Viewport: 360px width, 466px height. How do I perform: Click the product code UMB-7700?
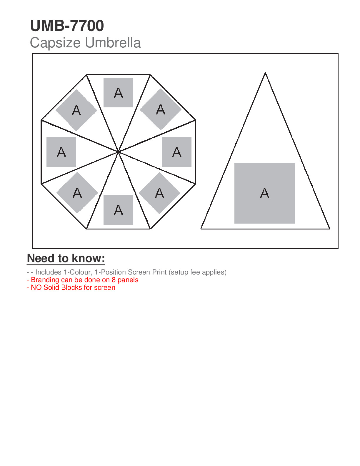click(67, 26)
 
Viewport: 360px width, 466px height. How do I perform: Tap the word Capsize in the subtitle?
click(55, 43)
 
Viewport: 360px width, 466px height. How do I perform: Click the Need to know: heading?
click(66, 258)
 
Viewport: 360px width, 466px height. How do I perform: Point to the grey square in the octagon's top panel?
click(118, 93)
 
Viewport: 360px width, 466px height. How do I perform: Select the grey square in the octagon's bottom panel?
click(118, 210)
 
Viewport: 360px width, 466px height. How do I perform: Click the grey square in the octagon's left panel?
click(61, 152)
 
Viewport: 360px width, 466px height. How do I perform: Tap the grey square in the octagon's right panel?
click(177, 152)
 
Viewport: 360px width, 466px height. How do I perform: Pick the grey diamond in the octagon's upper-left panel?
click(76, 110)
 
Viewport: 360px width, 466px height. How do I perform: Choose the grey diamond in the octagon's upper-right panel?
click(161, 109)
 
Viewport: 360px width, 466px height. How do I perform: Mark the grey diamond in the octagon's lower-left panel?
click(77, 193)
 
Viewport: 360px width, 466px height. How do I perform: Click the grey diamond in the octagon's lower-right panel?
click(159, 193)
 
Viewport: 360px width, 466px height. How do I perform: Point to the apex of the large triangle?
click(265, 73)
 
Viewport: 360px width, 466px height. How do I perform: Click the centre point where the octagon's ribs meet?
click(118, 152)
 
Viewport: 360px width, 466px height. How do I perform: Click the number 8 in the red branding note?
click(114, 280)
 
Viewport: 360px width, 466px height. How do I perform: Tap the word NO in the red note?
click(36, 287)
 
